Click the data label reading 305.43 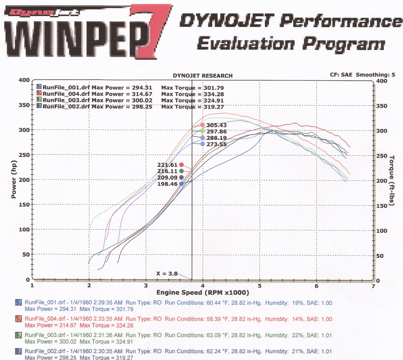pos(215,125)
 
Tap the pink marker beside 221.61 pos(181,165)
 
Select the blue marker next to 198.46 pos(181,184)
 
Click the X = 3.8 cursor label pos(166,273)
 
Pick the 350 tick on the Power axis pos(24,105)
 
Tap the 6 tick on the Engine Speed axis pos(316,286)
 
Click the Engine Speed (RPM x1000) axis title pos(203,293)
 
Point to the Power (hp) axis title pos(14,179)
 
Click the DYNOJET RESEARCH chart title pos(203,76)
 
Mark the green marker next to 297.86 pos(202,131)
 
